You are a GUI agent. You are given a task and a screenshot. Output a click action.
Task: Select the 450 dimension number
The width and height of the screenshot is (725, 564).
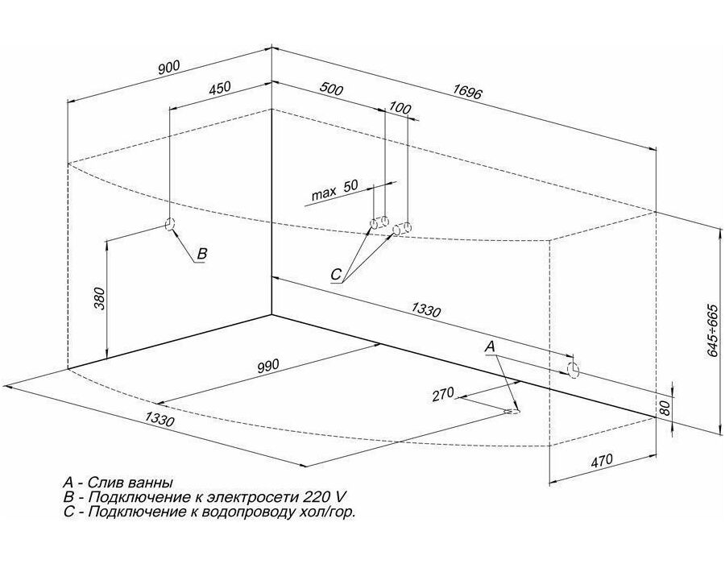219,88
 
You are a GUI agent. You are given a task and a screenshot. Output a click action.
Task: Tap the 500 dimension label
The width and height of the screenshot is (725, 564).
332,89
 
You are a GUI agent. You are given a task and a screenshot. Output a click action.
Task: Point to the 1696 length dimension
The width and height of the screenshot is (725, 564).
467,92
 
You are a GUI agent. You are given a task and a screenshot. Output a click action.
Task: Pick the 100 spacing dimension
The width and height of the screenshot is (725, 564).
399,108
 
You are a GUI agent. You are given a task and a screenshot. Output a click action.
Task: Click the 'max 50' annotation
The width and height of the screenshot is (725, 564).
335,189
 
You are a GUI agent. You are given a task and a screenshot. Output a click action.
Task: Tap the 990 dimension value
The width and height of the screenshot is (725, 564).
268,365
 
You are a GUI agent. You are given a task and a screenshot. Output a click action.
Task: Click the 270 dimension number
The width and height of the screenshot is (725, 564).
443,396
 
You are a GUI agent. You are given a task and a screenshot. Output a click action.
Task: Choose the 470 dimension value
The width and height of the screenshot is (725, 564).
602,460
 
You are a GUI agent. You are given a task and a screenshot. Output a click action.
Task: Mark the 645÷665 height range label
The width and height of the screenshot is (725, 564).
713,330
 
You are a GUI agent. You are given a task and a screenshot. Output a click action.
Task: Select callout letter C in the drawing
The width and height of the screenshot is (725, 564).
336,275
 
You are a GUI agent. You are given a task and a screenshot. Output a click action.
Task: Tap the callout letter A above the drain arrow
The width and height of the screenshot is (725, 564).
490,346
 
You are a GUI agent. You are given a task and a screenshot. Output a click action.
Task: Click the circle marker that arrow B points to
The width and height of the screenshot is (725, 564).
170,224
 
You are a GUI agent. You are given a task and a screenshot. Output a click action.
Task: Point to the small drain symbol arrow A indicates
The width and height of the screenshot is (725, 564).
513,411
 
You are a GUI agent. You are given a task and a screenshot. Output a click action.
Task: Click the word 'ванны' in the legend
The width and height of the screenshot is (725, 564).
151,483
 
